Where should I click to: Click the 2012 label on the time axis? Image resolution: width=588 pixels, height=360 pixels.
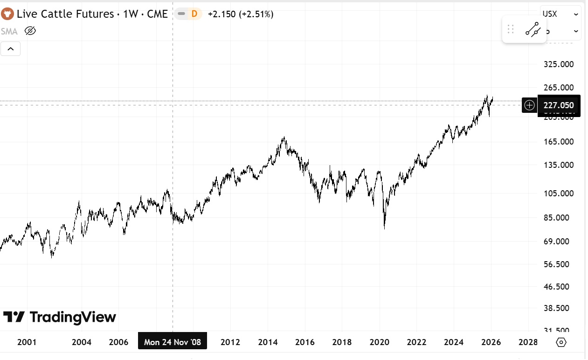point(230,342)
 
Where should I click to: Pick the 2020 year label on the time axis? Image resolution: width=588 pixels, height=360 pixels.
point(379,342)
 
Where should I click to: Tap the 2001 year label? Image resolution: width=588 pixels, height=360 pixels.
point(27,342)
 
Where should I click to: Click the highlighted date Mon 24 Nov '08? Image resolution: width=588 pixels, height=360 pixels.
point(173,342)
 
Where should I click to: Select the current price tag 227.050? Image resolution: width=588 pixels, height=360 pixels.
point(559,105)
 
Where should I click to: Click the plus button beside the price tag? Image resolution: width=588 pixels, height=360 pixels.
point(529,105)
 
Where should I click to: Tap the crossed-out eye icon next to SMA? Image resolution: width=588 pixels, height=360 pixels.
point(30,31)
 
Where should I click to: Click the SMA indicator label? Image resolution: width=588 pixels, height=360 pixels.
point(9,31)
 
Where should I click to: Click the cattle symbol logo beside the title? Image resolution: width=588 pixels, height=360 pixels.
point(7,14)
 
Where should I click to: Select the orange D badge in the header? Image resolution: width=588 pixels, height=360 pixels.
point(194,14)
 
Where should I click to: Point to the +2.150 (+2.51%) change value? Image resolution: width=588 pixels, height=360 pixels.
point(241,14)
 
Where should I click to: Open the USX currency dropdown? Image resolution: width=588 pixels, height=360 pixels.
point(560,14)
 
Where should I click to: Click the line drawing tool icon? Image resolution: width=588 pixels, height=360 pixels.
point(533,30)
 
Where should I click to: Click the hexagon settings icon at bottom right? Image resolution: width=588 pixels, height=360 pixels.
point(561,342)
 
